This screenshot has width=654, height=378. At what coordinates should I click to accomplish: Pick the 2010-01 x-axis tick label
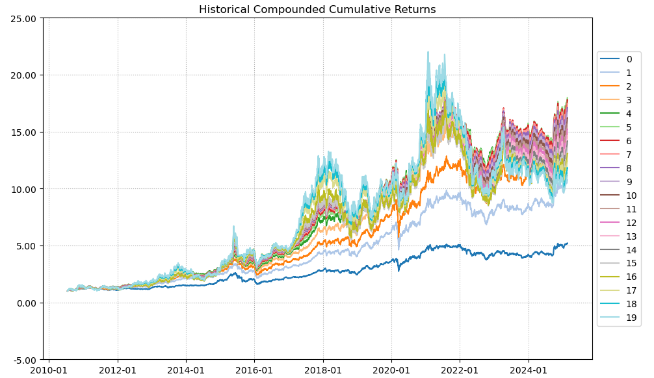click(x=49, y=371)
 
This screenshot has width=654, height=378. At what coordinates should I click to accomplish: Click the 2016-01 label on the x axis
click(x=254, y=371)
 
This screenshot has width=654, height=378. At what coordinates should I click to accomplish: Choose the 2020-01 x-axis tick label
click(x=391, y=371)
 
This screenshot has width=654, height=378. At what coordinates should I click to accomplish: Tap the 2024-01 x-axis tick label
click(x=529, y=371)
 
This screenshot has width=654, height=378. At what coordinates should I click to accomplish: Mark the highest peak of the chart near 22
click(x=428, y=52)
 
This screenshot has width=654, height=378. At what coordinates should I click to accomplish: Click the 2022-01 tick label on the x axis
click(x=460, y=371)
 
